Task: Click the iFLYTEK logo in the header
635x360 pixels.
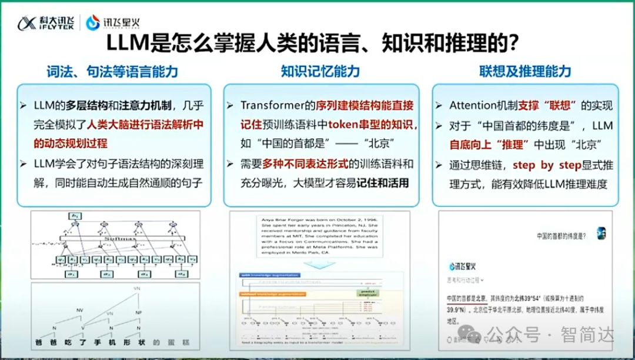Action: click(x=44, y=22)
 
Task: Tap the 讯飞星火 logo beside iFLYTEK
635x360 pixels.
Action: click(x=105, y=22)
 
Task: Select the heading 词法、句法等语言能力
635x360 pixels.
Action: click(x=112, y=72)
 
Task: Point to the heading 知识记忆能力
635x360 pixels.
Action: click(x=320, y=72)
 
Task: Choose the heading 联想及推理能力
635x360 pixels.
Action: click(x=525, y=72)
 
